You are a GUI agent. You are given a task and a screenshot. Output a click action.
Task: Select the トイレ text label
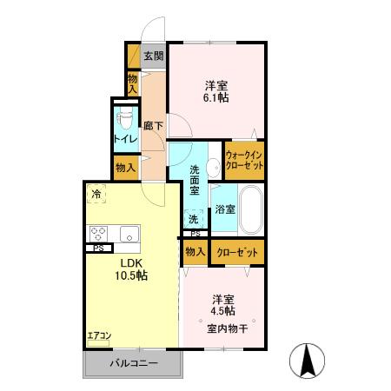tap(124, 137)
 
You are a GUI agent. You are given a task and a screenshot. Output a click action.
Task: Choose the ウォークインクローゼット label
tap(245, 160)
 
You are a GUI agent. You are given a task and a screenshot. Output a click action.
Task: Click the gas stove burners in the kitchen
tap(98, 234)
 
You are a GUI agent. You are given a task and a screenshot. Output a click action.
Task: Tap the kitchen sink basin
tap(128, 234)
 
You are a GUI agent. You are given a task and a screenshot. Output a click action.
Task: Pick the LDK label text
tap(132, 262)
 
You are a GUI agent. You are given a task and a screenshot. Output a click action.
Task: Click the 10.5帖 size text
tap(132, 275)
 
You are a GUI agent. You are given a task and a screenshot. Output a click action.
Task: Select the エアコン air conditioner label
tap(98, 335)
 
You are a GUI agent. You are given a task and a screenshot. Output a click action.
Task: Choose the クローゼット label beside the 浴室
tap(236, 252)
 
